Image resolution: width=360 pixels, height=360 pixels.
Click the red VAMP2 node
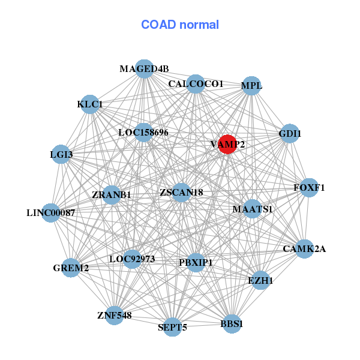(226, 144)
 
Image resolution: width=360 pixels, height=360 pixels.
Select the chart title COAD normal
(180, 25)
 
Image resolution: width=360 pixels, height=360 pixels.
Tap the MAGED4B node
(143, 68)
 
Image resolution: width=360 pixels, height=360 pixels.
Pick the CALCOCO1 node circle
(196, 84)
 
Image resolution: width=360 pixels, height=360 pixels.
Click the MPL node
(251, 85)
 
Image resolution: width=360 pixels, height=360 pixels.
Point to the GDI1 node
(289, 133)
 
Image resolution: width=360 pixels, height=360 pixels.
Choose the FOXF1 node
(308, 188)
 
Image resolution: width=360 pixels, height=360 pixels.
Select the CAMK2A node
(304, 248)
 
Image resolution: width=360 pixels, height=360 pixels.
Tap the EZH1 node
(260, 280)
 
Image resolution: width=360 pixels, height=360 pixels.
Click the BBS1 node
(232, 324)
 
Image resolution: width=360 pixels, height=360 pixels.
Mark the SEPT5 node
(172, 327)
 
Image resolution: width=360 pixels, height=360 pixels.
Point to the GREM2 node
(71, 268)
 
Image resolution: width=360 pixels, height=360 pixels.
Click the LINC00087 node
(51, 212)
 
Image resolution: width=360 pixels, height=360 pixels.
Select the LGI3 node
(61, 154)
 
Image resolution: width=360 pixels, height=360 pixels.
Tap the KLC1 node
(90, 104)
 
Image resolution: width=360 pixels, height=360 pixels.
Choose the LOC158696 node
(143, 132)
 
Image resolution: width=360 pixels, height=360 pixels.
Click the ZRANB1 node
(112, 195)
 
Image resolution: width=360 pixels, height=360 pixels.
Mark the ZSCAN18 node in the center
(181, 193)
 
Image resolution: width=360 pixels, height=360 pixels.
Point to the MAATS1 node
(253, 209)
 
